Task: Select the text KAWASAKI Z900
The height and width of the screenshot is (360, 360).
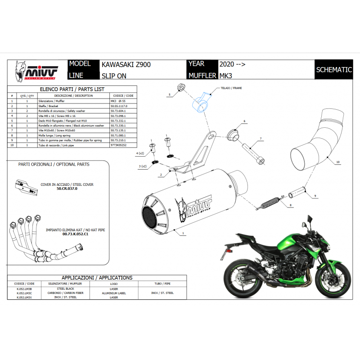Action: tap(126, 64)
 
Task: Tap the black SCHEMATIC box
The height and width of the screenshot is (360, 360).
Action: tap(333, 70)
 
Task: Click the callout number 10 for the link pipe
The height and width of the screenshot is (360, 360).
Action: tap(338, 161)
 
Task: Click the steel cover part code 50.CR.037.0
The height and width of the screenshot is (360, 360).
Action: tap(67, 189)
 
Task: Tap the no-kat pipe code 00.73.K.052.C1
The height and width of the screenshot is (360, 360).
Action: tap(75, 234)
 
